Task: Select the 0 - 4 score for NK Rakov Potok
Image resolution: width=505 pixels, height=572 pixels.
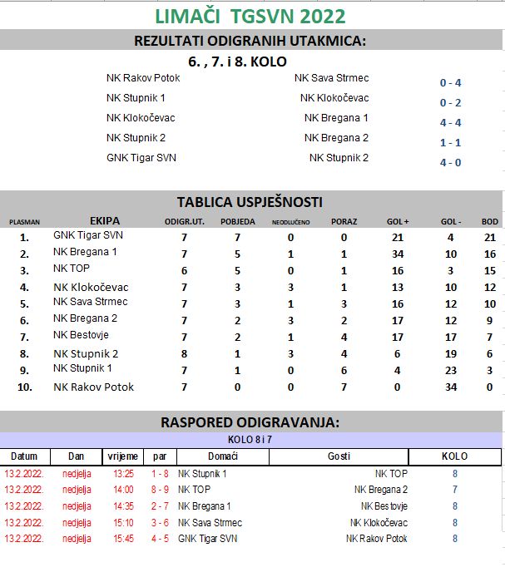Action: (450, 82)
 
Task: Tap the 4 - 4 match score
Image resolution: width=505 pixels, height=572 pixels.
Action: (450, 122)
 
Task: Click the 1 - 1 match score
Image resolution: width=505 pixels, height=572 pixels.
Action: (450, 142)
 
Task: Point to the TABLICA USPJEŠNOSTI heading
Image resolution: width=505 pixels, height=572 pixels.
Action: (250, 202)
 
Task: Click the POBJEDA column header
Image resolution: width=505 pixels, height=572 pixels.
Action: (237, 222)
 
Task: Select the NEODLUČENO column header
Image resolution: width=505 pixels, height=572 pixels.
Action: (290, 222)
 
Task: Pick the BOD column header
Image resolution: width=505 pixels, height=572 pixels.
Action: (490, 222)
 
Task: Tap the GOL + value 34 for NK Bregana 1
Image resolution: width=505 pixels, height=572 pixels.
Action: (397, 254)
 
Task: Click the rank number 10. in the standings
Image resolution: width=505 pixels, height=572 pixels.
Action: (24, 387)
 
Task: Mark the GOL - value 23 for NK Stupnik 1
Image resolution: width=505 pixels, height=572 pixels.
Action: (451, 370)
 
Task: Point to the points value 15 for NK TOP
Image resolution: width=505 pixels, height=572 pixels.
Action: (490, 270)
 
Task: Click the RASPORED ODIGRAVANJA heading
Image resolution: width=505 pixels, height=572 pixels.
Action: (250, 422)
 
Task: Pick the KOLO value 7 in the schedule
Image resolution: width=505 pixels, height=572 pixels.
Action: (454, 490)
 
